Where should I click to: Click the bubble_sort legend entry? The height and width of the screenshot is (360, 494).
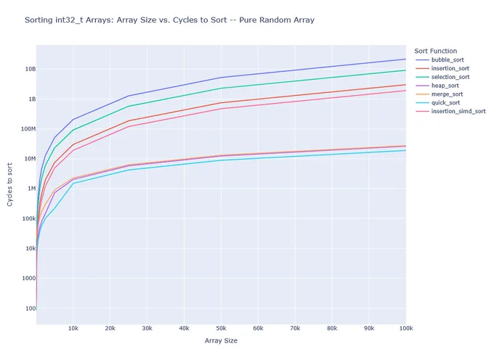click(448, 60)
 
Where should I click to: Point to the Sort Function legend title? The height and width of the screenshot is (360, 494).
click(435, 51)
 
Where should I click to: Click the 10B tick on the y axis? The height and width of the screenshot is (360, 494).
click(31, 69)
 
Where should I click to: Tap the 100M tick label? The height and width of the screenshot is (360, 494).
click(28, 128)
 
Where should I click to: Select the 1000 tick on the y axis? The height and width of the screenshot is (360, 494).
click(28, 278)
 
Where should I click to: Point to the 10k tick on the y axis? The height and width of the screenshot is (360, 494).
click(31, 248)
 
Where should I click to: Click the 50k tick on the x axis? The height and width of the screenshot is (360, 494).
click(221, 328)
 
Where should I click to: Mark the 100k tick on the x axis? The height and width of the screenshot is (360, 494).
click(406, 328)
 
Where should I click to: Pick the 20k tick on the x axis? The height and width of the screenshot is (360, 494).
click(110, 328)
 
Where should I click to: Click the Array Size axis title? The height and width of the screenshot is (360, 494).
click(221, 340)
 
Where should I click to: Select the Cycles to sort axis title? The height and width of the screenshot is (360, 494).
click(9, 184)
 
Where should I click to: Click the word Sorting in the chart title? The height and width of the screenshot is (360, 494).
click(39, 20)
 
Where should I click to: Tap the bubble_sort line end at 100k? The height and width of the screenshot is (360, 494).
click(406, 59)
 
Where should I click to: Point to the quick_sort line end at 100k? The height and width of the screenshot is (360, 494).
click(406, 150)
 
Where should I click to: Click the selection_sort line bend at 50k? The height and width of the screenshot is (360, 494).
click(221, 88)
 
